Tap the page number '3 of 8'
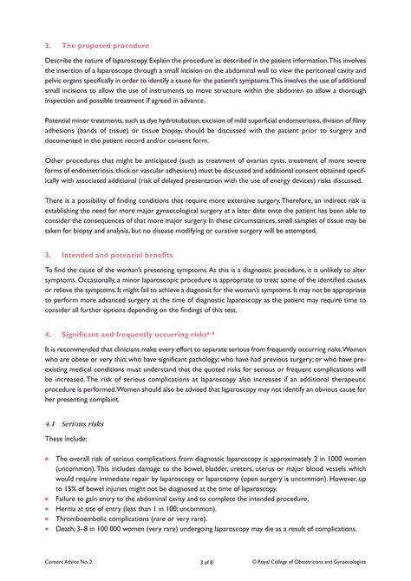(205, 562)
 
